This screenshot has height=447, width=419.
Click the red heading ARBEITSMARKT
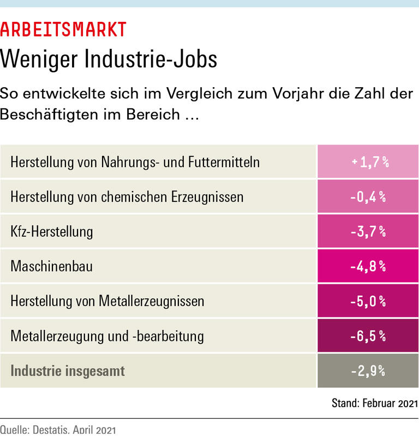pyautogui.click(x=63, y=29)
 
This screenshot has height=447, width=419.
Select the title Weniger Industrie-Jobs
pyautogui.click(x=109, y=59)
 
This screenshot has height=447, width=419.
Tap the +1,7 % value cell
pyautogui.click(x=368, y=162)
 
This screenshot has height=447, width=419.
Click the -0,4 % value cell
pyautogui.click(x=368, y=197)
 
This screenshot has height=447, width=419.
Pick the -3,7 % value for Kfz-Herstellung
pyautogui.click(x=368, y=231)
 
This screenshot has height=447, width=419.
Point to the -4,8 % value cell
pyautogui.click(x=368, y=266)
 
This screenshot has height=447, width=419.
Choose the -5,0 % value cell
pyautogui.click(x=368, y=301)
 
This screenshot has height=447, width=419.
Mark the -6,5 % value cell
pyautogui.click(x=368, y=336)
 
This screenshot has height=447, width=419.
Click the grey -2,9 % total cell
pyautogui.click(x=368, y=371)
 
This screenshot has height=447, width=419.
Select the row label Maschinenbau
pyautogui.click(x=51, y=266)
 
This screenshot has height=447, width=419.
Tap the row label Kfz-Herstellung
pyautogui.click(x=52, y=231)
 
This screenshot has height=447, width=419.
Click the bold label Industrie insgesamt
pyautogui.click(x=68, y=371)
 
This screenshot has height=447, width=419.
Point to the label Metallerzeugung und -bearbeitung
pyautogui.click(x=107, y=336)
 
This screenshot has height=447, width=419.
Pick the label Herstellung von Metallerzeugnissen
pyautogui.click(x=107, y=301)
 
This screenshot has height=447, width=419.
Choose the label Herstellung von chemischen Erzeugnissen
pyautogui.click(x=127, y=197)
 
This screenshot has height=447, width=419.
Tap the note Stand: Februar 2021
pyautogui.click(x=374, y=403)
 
